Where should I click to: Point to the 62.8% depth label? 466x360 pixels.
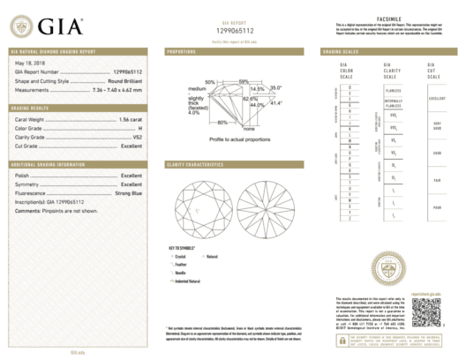click(x=250, y=98)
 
